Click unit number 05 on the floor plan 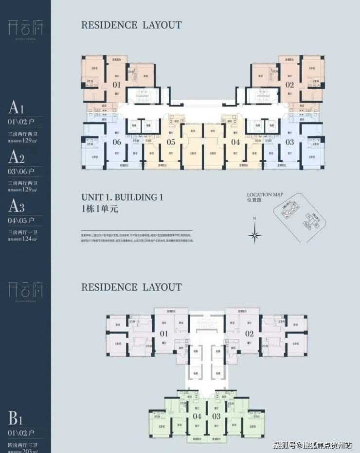pyautogui.click(x=171, y=142)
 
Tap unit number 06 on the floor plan pyautogui.click(x=117, y=142)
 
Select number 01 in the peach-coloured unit pyautogui.click(x=117, y=85)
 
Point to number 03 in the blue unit pyautogui.click(x=290, y=142)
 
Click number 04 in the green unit pyautogui.click(x=197, y=417)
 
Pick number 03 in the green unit pyautogui.click(x=216, y=417)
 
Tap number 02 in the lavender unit pyautogui.click(x=249, y=334)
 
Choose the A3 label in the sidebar pyautogui.click(x=16, y=206)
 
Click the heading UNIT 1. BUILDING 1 pyautogui.click(x=122, y=198)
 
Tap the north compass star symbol pyautogui.click(x=254, y=236)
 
